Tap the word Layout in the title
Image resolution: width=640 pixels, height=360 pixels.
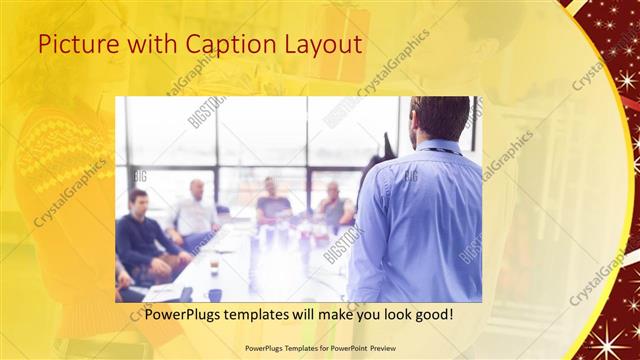point(324,44)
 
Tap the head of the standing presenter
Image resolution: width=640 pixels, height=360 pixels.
point(440,118)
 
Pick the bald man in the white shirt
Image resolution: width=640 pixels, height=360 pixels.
point(195,211)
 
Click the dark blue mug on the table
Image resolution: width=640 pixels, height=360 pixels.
point(215,295)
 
